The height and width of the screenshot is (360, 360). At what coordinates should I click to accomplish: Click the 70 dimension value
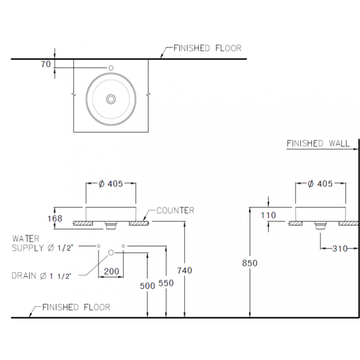[x=46, y=64]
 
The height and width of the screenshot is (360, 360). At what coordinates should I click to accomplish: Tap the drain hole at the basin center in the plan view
[x=111, y=99]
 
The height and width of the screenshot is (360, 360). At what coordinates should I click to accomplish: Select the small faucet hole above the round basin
[x=111, y=68]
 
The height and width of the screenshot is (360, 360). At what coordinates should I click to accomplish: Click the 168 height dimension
[x=54, y=218]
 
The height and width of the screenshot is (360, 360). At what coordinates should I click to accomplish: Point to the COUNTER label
[x=175, y=210]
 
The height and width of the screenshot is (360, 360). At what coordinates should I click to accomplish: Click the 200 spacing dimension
[x=111, y=271]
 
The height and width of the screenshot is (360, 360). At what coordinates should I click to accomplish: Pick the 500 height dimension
[x=147, y=286]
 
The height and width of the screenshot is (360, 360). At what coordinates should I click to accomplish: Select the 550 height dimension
[x=166, y=283]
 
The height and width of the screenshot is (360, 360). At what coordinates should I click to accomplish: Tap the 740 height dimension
[x=184, y=270]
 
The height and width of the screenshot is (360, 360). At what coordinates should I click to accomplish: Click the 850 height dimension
[x=250, y=263]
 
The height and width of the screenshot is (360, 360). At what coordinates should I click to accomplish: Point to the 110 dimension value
[x=268, y=216]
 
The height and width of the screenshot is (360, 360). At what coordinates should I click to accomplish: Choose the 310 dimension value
[x=340, y=249]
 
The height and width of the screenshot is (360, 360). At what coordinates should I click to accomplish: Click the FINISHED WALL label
[x=318, y=144]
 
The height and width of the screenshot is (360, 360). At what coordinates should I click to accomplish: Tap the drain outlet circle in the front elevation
[x=111, y=253]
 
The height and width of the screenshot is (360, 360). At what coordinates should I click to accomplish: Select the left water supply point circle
[x=98, y=246]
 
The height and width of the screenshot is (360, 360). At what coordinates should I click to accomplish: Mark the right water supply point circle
[x=123, y=246]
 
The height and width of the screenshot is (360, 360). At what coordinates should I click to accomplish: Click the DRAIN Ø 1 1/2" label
[x=41, y=276]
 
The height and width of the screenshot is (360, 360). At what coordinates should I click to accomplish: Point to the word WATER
[x=26, y=239]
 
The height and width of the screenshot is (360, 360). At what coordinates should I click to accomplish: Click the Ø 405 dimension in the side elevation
[x=320, y=184]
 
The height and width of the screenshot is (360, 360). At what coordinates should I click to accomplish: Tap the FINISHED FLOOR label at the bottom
[x=76, y=307]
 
